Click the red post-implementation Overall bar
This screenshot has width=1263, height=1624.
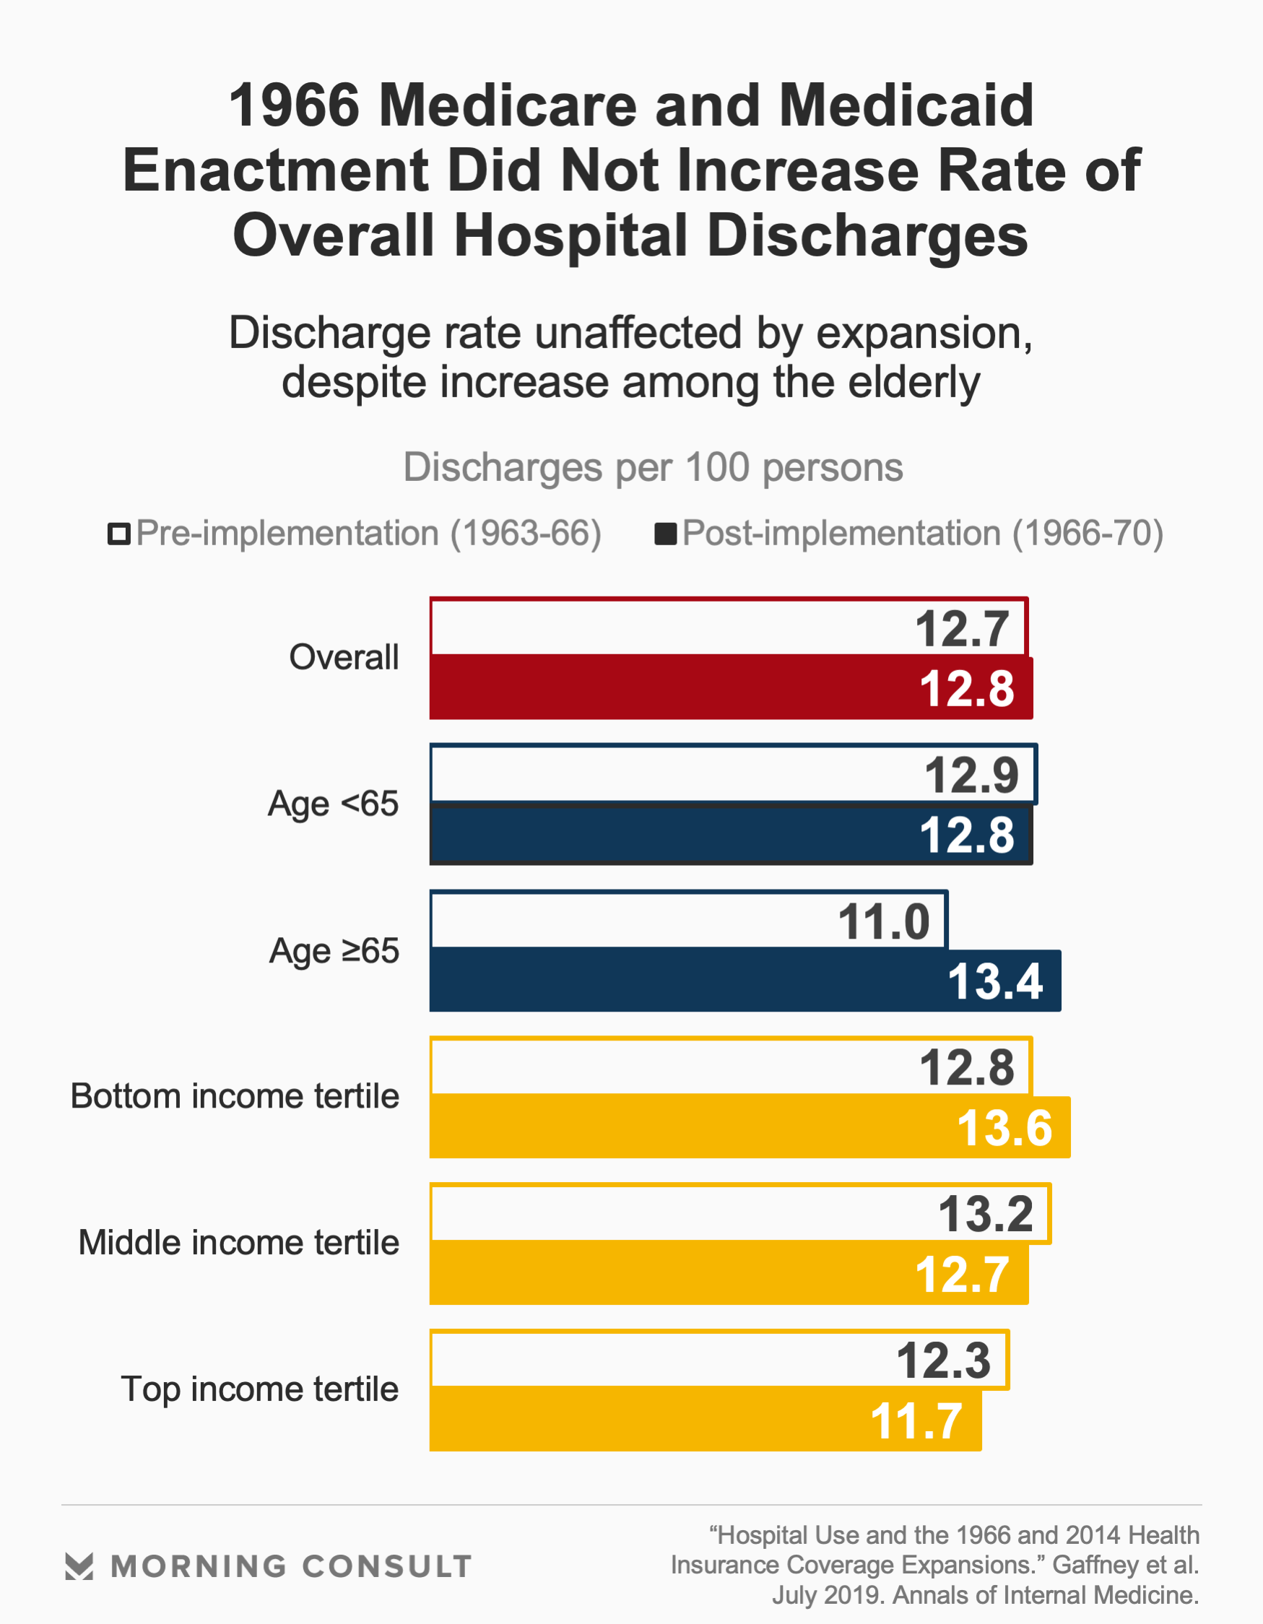click(669, 687)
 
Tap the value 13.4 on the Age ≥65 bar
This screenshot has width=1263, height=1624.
click(994, 981)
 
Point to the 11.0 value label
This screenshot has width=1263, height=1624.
click(883, 922)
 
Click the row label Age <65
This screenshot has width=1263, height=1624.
click(332, 804)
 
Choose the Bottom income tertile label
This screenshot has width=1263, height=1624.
click(234, 1096)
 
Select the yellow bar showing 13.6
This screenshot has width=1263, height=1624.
click(669, 1126)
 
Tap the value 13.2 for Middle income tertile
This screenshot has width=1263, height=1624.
click(985, 1215)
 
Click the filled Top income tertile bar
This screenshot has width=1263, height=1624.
click(669, 1420)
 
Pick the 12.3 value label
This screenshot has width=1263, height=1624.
click(942, 1360)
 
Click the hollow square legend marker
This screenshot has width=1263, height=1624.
click(119, 534)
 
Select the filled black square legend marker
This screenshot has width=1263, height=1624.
click(665, 534)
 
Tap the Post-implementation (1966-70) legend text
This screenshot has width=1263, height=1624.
click(922, 534)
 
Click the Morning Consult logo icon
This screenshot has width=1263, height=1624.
click(79, 1566)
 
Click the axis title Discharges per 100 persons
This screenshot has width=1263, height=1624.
click(652, 468)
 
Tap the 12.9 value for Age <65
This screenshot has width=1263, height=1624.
click(971, 776)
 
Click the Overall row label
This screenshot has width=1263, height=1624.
click(344, 657)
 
